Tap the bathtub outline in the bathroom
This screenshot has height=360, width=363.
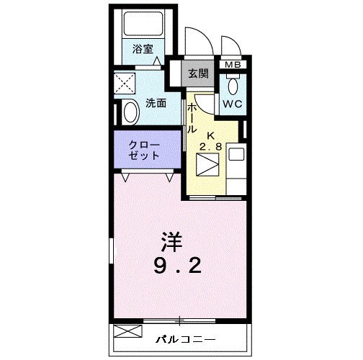click(144, 27)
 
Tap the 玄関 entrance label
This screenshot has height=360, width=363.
click(198, 73)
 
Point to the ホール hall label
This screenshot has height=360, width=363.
click(193, 118)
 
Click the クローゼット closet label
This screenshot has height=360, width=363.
click(144, 149)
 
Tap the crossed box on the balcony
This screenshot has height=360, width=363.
click(126, 333)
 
